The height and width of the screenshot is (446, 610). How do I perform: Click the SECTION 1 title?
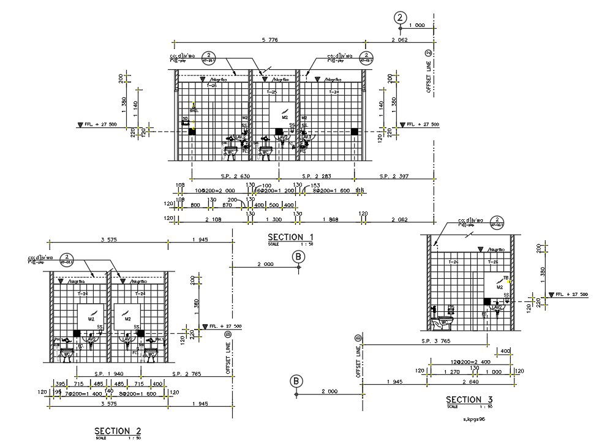(291, 237)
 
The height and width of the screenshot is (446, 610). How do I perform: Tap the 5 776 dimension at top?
(269, 40)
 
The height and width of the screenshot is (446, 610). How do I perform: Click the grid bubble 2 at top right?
(401, 17)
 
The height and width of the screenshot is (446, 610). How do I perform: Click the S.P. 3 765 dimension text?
(435, 341)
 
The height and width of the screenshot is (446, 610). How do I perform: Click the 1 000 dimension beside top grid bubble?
(416, 25)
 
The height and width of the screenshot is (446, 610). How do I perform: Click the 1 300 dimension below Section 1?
(273, 219)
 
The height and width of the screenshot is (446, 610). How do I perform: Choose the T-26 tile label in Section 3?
(454, 262)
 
